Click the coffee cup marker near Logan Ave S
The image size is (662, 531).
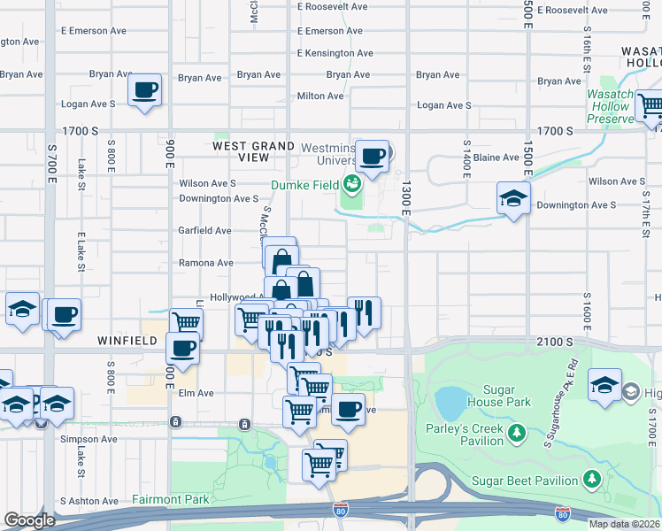144,89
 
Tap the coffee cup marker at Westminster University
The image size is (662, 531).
373,156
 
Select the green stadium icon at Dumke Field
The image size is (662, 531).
352,184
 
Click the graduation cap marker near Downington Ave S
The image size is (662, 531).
513,199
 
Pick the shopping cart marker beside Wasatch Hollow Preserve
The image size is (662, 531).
650,107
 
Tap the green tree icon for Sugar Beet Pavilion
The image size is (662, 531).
591,480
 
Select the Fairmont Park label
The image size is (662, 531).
171,499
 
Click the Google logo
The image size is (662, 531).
29,519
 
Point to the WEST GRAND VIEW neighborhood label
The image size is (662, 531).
253,151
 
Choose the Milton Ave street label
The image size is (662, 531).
320,96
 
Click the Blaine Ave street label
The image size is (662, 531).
496,158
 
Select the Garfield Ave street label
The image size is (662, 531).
205,230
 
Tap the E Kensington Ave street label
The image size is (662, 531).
329,53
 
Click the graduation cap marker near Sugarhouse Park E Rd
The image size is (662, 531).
604,385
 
